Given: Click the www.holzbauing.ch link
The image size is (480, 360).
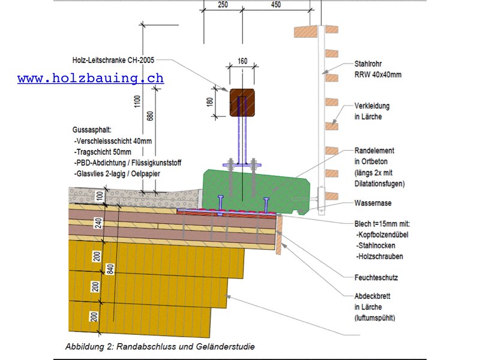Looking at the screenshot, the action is coord(91,78).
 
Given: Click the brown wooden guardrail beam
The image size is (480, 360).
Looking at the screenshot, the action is coord(242,103).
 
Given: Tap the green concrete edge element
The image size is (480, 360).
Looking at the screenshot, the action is coord(256,192).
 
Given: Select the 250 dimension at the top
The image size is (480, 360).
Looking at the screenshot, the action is coord(223,4).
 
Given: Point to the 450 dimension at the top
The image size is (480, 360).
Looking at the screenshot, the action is coord(276,4).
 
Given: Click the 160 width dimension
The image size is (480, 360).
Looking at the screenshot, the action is coord(242,61).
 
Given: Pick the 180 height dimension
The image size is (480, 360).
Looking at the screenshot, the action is coord(209,102).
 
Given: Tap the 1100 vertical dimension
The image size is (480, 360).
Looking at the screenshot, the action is coord(137,101).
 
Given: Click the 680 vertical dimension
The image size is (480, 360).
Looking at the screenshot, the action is coord(150,116).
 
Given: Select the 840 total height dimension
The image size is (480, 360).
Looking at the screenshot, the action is coord(110,269).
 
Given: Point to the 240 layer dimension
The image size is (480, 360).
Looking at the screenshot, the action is coord(98,223).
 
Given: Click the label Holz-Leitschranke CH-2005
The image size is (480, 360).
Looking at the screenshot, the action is coord(113,60).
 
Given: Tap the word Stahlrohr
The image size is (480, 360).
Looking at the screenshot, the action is coord(368,64).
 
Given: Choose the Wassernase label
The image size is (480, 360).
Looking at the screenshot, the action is coord(373,203).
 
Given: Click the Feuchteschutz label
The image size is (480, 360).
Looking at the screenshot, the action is coord(376,278).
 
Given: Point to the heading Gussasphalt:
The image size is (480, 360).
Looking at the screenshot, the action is coord(92,130).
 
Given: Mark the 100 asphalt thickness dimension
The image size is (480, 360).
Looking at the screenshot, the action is coord(100,196).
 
